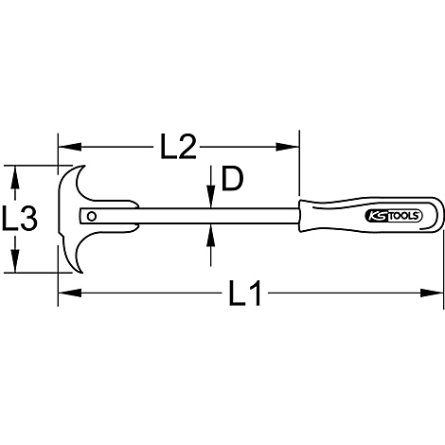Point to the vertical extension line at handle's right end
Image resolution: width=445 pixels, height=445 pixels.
[x=442, y=265]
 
